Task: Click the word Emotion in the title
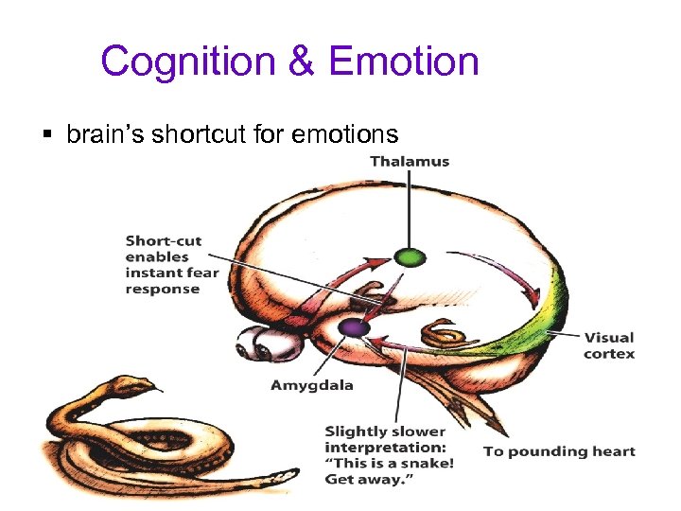(x=404, y=62)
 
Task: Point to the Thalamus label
(x=410, y=161)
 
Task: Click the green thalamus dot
(x=410, y=256)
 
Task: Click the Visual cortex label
(x=609, y=345)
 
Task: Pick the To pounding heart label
(x=559, y=451)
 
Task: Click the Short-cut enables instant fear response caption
(x=171, y=265)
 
